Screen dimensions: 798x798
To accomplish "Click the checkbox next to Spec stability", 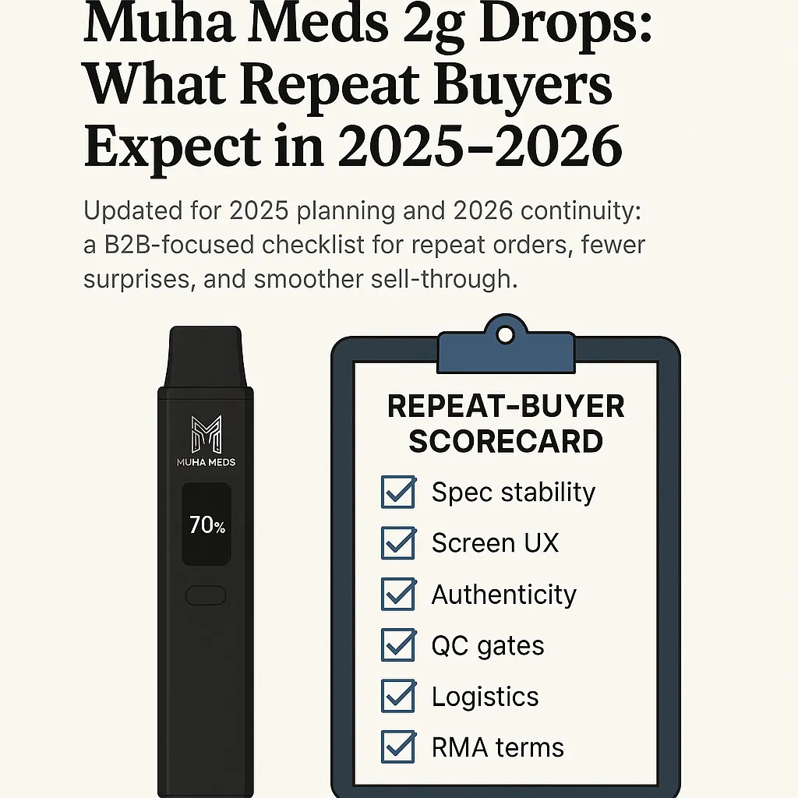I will (398, 493).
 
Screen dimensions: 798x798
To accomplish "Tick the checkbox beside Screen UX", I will (398, 543).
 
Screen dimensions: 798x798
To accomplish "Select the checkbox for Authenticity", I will (398, 595).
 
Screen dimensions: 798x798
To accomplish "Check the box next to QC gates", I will (398, 645).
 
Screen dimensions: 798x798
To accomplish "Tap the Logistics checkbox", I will (398, 696).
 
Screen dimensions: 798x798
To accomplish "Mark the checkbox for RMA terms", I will (398, 747).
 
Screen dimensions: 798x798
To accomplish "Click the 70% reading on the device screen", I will (207, 526).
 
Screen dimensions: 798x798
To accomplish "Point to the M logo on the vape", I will (206, 434).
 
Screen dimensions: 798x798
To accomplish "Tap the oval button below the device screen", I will (206, 595).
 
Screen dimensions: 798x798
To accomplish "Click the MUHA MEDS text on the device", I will (206, 462).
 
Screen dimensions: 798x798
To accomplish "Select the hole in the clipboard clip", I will (506, 335).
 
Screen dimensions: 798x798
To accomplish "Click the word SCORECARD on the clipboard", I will (505, 442).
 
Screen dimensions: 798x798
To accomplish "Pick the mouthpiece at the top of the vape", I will (206, 355).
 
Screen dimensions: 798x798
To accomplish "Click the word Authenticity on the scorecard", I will (503, 595).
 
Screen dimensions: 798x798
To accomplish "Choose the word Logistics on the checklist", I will (485, 697).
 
